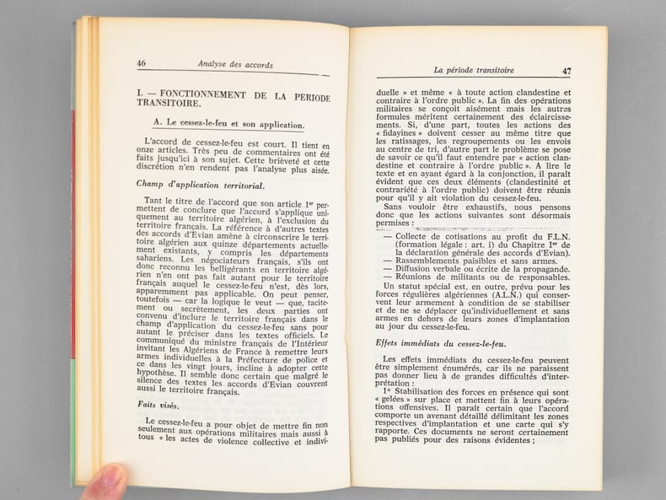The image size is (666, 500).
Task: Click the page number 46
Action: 141,62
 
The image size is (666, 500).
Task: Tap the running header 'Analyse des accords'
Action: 235,64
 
